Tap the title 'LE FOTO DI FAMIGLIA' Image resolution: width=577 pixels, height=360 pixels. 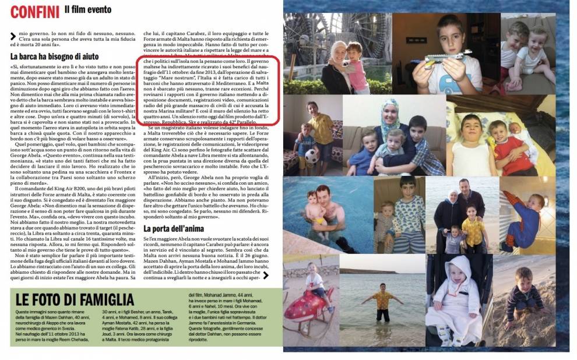(x=75, y=301)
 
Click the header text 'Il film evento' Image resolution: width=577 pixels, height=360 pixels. (x=87, y=10)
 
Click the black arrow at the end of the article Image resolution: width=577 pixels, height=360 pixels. (x=265, y=275)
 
